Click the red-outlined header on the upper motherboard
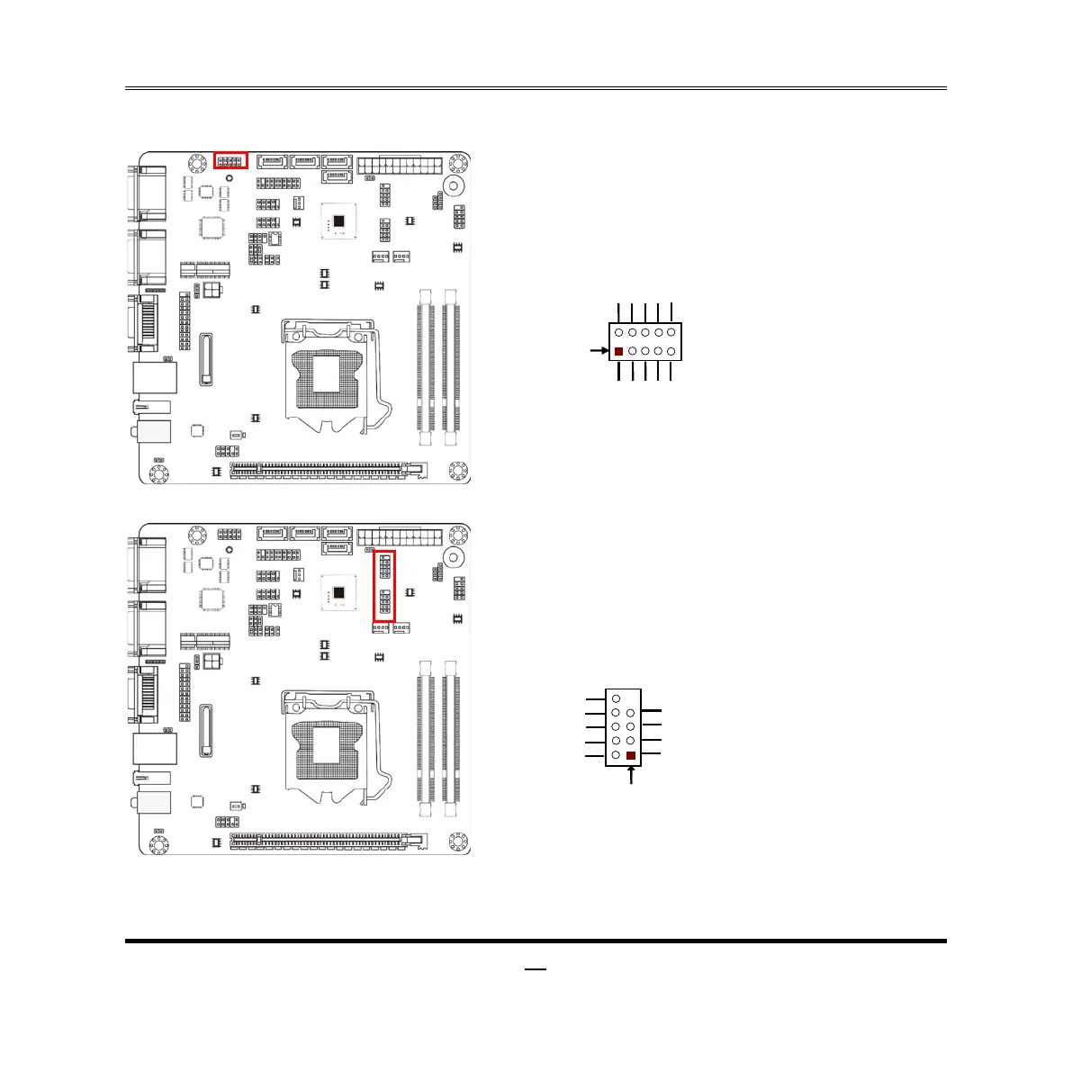(x=230, y=161)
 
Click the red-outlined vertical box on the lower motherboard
(x=384, y=585)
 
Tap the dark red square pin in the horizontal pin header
(x=618, y=351)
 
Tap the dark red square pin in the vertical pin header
(x=631, y=756)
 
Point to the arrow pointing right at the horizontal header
(x=597, y=350)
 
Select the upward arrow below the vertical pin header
(x=631, y=774)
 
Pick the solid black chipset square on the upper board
(x=339, y=221)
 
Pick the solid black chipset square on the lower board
(x=339, y=592)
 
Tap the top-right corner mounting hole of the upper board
(x=459, y=163)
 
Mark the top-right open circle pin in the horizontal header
(x=671, y=333)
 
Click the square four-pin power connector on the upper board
(x=212, y=291)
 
